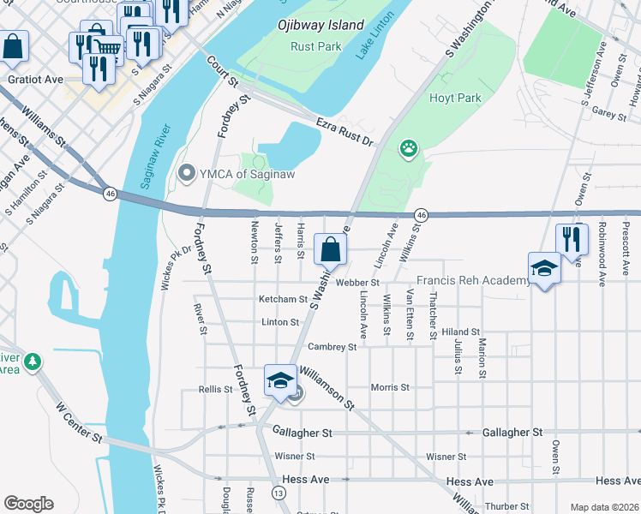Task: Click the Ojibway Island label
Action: [320, 25]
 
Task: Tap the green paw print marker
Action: [409, 149]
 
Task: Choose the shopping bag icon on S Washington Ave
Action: [331, 250]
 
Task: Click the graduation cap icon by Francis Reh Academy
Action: [544, 269]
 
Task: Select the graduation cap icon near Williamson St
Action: [280, 380]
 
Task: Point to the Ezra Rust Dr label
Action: [345, 131]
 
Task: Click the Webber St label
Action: [357, 282]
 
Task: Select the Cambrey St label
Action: [332, 347]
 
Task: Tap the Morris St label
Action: [390, 387]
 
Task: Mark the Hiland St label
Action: [461, 332]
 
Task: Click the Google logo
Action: [28, 504]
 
